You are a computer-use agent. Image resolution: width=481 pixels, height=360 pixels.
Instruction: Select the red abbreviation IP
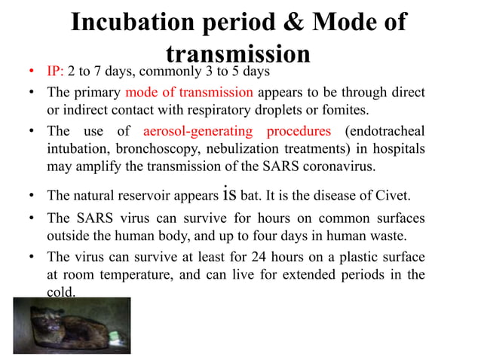(x=54, y=73)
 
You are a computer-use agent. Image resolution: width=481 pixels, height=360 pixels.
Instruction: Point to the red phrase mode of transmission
(x=189, y=93)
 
